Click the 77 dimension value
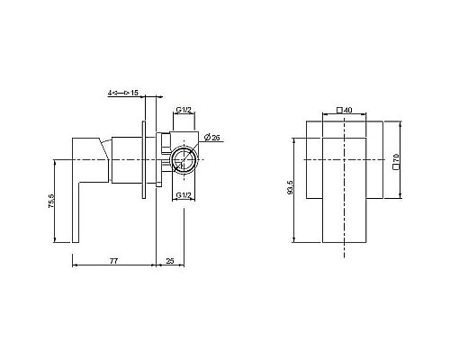113,261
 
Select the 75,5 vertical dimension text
51,201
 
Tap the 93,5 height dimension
290,187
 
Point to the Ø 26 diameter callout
212,138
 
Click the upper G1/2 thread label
184,110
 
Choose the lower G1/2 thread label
184,195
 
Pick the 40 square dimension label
348,110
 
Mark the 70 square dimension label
396,157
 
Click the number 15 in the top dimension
134,93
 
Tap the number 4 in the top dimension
110,93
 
